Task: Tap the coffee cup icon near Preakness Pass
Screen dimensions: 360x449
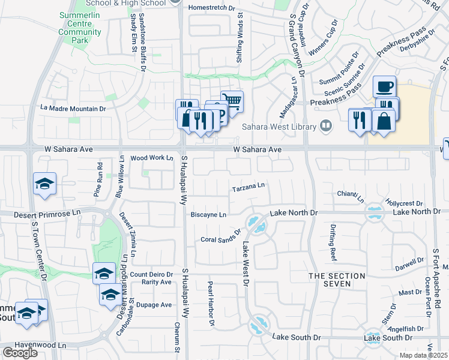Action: pos(384,86)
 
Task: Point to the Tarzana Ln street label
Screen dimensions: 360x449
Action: pos(249,188)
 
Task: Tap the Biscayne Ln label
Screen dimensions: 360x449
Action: pos(208,214)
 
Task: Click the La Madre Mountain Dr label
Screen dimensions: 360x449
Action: pos(73,109)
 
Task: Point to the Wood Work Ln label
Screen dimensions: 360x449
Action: pos(151,158)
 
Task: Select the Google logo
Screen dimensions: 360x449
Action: pos(20,352)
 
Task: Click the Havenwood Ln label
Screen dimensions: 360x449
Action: pos(41,345)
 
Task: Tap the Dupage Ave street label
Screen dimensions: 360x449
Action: pos(154,305)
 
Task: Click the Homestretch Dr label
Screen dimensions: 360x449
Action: pos(210,8)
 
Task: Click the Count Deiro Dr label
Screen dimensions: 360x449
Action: pos(151,274)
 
